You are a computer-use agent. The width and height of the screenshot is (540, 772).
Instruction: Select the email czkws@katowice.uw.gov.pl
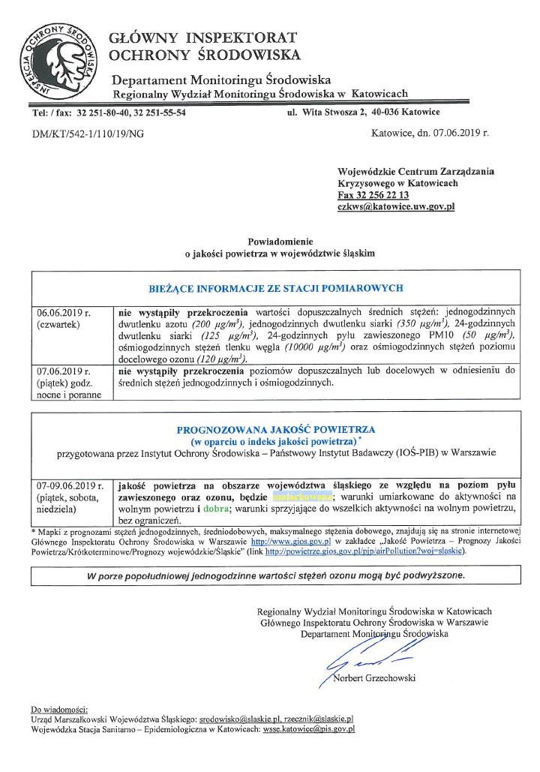(x=396, y=206)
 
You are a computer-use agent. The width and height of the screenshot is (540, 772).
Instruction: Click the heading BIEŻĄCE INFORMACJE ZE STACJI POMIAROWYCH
(x=277, y=288)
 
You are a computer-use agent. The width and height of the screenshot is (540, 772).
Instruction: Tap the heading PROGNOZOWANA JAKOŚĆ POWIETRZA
(x=276, y=430)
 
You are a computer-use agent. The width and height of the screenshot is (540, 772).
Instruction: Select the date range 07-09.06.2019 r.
(x=70, y=485)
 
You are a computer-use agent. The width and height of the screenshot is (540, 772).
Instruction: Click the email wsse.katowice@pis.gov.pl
(x=308, y=728)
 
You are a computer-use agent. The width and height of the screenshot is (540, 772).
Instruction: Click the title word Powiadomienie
(x=279, y=242)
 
